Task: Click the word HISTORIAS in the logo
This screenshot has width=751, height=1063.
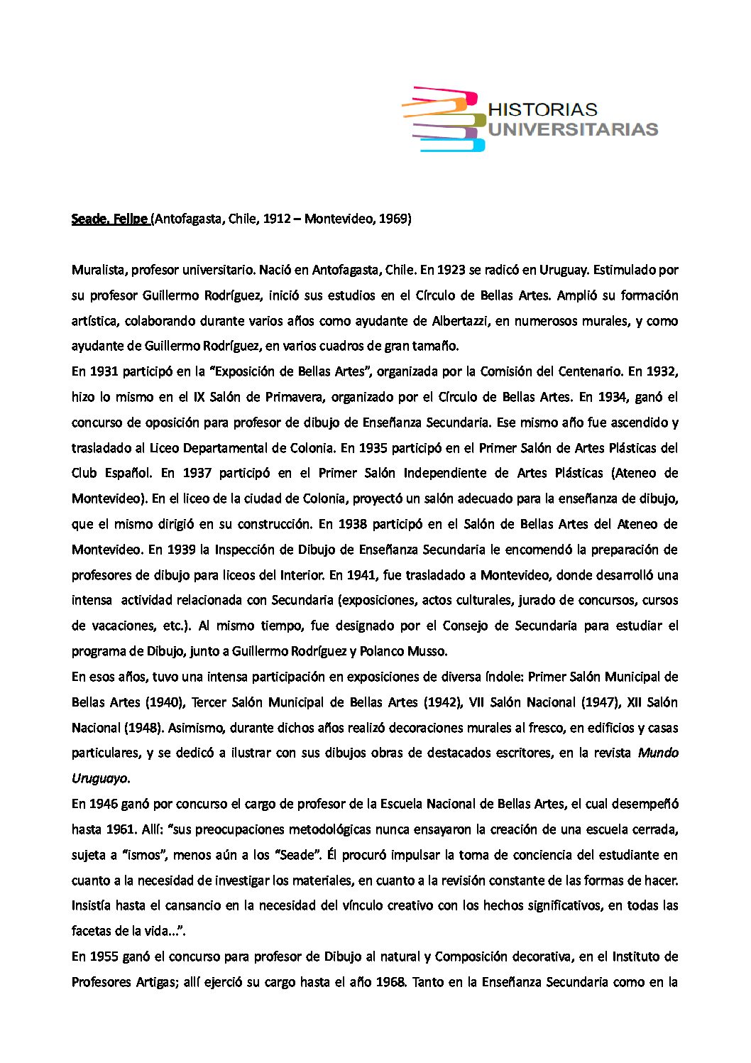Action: tap(543, 109)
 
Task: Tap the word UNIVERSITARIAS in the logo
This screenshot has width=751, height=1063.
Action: tap(574, 129)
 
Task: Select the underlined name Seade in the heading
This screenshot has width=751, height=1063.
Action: tap(88, 219)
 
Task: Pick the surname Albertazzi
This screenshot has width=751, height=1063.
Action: tap(460, 321)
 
